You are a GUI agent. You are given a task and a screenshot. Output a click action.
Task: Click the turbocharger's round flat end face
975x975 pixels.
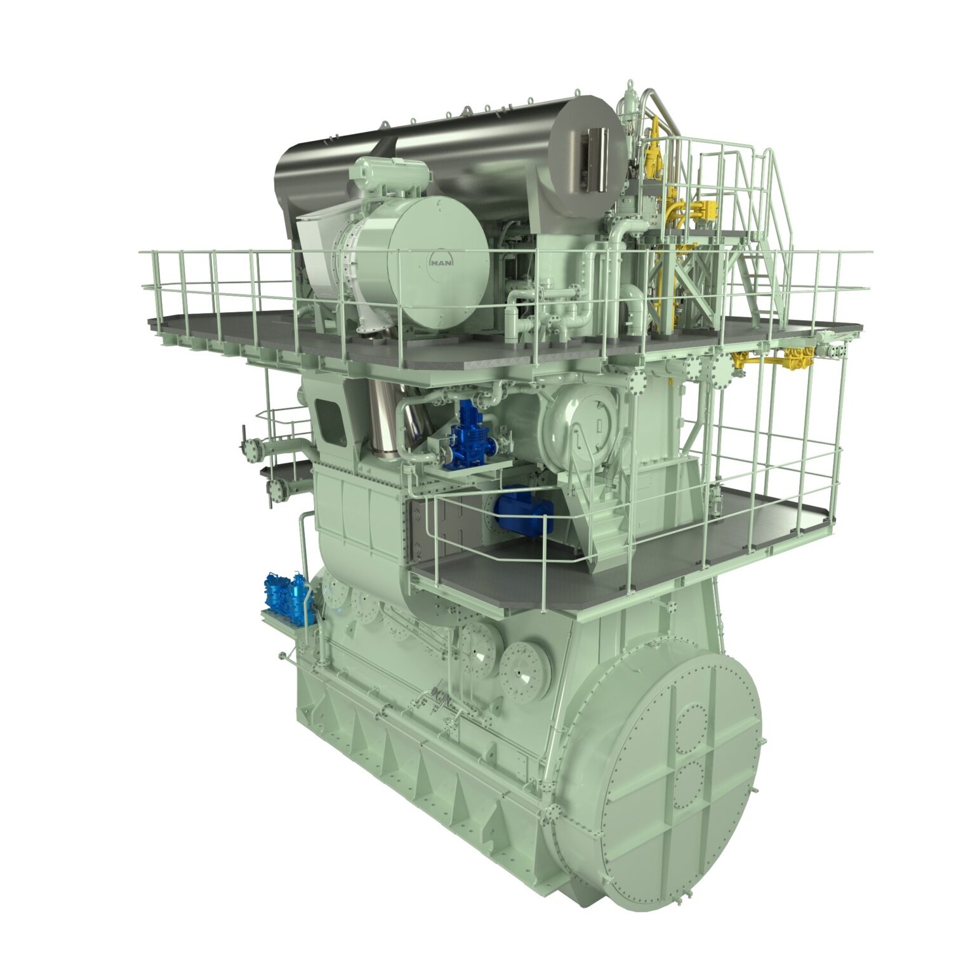pyautogui.click(x=438, y=262)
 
